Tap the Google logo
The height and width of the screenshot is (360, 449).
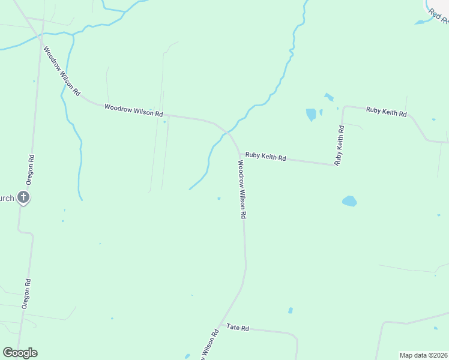20,353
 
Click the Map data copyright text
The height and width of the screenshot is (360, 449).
423,355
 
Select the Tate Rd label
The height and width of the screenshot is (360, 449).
238,328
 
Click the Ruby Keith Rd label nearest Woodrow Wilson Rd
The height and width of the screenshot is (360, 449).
265,157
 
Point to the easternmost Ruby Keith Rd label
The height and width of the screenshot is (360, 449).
387,112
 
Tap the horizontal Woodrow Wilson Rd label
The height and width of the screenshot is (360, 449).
133,110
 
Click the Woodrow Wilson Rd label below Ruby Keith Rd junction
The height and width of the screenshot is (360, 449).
242,190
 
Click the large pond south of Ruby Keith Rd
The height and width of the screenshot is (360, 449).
349,201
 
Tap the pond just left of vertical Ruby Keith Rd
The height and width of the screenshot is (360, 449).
311,114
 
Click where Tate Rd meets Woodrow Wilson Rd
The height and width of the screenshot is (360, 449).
221,325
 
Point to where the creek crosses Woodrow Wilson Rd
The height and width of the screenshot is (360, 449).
226,131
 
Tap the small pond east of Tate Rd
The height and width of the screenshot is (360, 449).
291,310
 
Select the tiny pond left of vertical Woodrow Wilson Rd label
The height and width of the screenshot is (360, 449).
218,199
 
